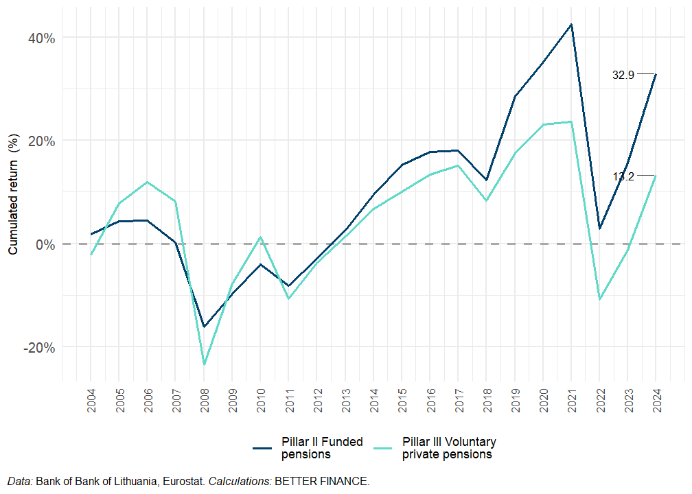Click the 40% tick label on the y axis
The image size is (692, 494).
pos(41,37)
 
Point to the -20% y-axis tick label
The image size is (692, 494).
pos(39,347)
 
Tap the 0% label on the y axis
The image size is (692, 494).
pos(45,244)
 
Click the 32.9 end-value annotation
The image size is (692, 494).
pos(623,75)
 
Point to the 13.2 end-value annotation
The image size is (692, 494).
pos(623,176)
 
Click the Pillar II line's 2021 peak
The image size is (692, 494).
pos(571,25)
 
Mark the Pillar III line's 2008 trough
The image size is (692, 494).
pos(204,364)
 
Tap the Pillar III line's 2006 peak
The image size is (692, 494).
pos(147,182)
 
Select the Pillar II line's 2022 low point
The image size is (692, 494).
pos(599,228)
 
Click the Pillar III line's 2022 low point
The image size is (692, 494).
pos(599,299)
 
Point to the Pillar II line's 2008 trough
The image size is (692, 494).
pos(204,327)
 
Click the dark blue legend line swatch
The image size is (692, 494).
pos(263,448)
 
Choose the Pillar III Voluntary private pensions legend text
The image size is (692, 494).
pos(449,448)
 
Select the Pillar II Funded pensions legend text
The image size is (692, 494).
pos(322,448)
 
